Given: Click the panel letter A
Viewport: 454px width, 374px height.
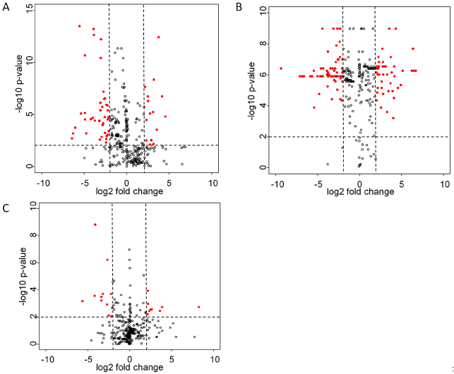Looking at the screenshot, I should tap(5, 8).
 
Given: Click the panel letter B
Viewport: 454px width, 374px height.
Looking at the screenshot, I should tap(238, 8).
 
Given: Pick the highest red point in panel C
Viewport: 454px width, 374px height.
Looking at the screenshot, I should tap(95, 224).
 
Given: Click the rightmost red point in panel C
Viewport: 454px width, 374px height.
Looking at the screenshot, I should tap(199, 307).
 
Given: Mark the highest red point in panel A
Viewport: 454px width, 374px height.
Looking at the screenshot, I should tap(80, 26).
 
